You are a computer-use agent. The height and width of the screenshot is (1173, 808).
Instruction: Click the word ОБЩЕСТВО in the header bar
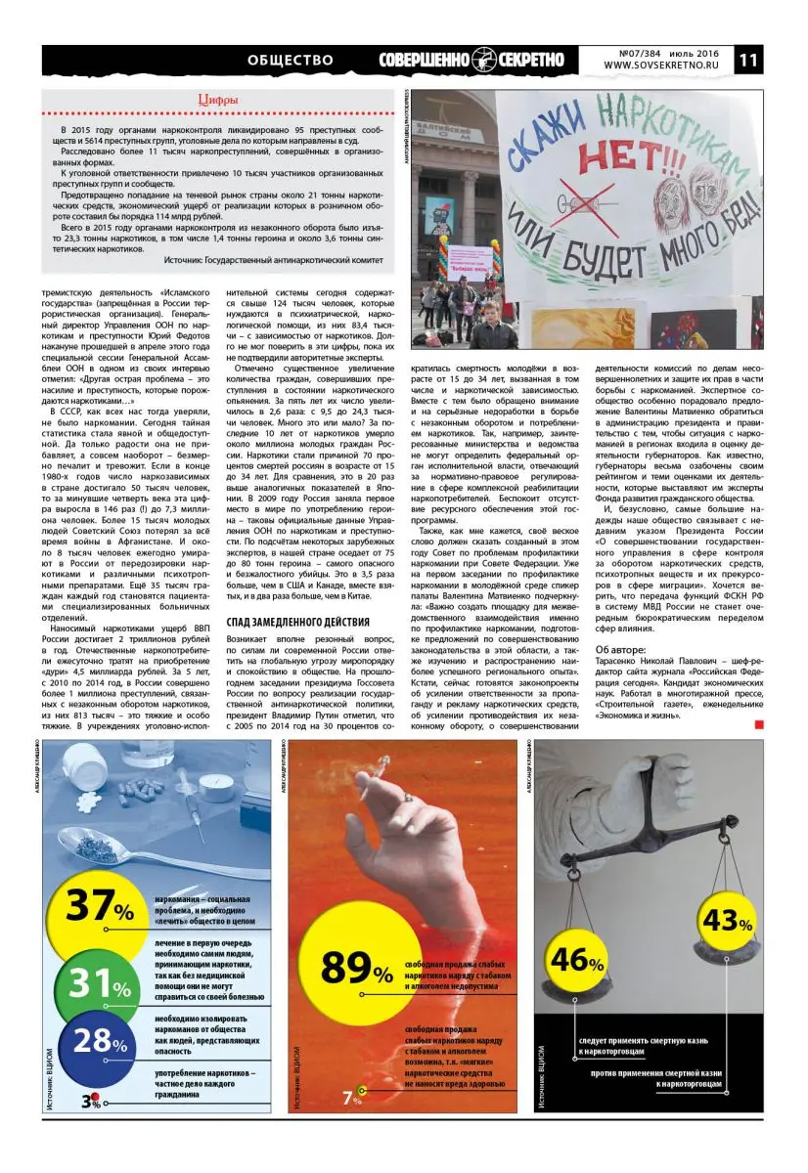tap(291, 61)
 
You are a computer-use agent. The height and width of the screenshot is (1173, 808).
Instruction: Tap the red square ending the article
tap(759, 724)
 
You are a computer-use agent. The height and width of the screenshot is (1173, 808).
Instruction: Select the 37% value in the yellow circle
tap(99, 906)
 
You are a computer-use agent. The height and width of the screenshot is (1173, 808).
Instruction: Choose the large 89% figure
tap(357, 969)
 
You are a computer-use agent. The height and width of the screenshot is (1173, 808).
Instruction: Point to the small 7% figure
tap(352, 1098)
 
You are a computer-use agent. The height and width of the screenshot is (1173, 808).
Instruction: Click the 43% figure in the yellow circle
tap(727, 921)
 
